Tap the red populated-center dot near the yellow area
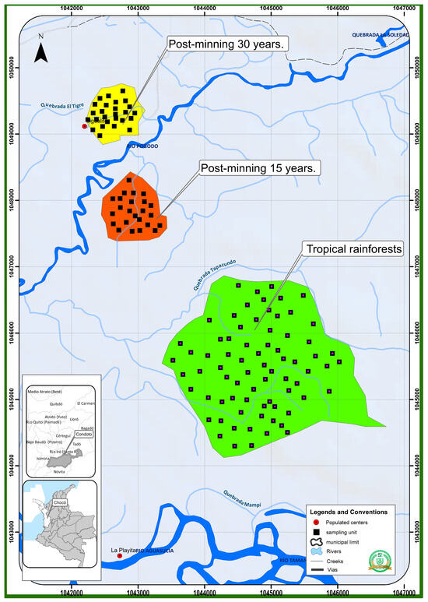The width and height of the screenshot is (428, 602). [85, 125]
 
